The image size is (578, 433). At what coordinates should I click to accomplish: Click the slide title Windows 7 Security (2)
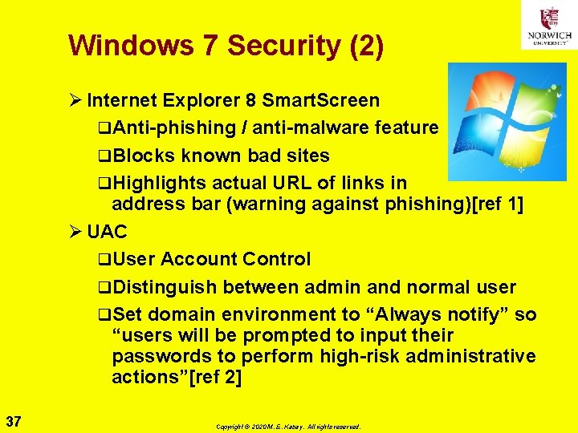click(x=226, y=45)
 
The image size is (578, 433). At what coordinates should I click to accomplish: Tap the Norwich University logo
click(x=548, y=25)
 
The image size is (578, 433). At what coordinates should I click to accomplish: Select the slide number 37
click(x=13, y=421)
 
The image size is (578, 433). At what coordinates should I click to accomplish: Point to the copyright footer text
click(x=288, y=427)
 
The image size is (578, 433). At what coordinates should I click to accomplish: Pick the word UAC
click(x=107, y=232)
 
